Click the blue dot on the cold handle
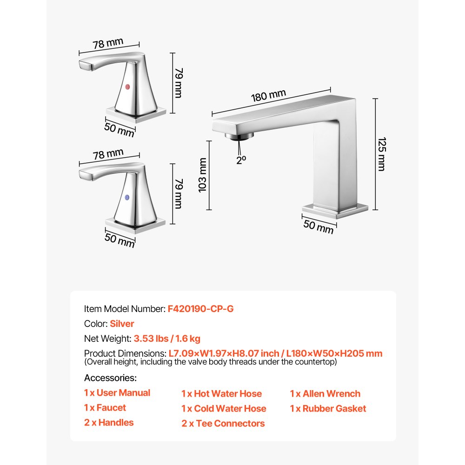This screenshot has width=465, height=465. (x=128, y=198)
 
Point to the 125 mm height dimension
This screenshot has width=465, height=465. (x=381, y=154)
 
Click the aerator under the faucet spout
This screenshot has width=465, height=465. (x=239, y=136)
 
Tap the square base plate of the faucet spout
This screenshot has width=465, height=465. (x=335, y=211)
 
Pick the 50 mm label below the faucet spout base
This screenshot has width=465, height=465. (x=319, y=226)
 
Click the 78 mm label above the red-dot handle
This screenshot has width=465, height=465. (x=108, y=44)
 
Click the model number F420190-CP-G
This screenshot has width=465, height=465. (x=200, y=308)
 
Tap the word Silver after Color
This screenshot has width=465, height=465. (x=122, y=324)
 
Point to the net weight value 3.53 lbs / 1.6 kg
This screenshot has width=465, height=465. (x=167, y=339)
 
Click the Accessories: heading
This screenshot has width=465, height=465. (x=110, y=378)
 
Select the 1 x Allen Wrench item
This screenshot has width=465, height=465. (x=325, y=393)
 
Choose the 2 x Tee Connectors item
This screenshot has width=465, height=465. (x=223, y=423)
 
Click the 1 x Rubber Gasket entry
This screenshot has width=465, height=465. (x=328, y=408)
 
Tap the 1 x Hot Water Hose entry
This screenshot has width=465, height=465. (x=221, y=393)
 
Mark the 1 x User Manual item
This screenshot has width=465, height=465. (x=117, y=393)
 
